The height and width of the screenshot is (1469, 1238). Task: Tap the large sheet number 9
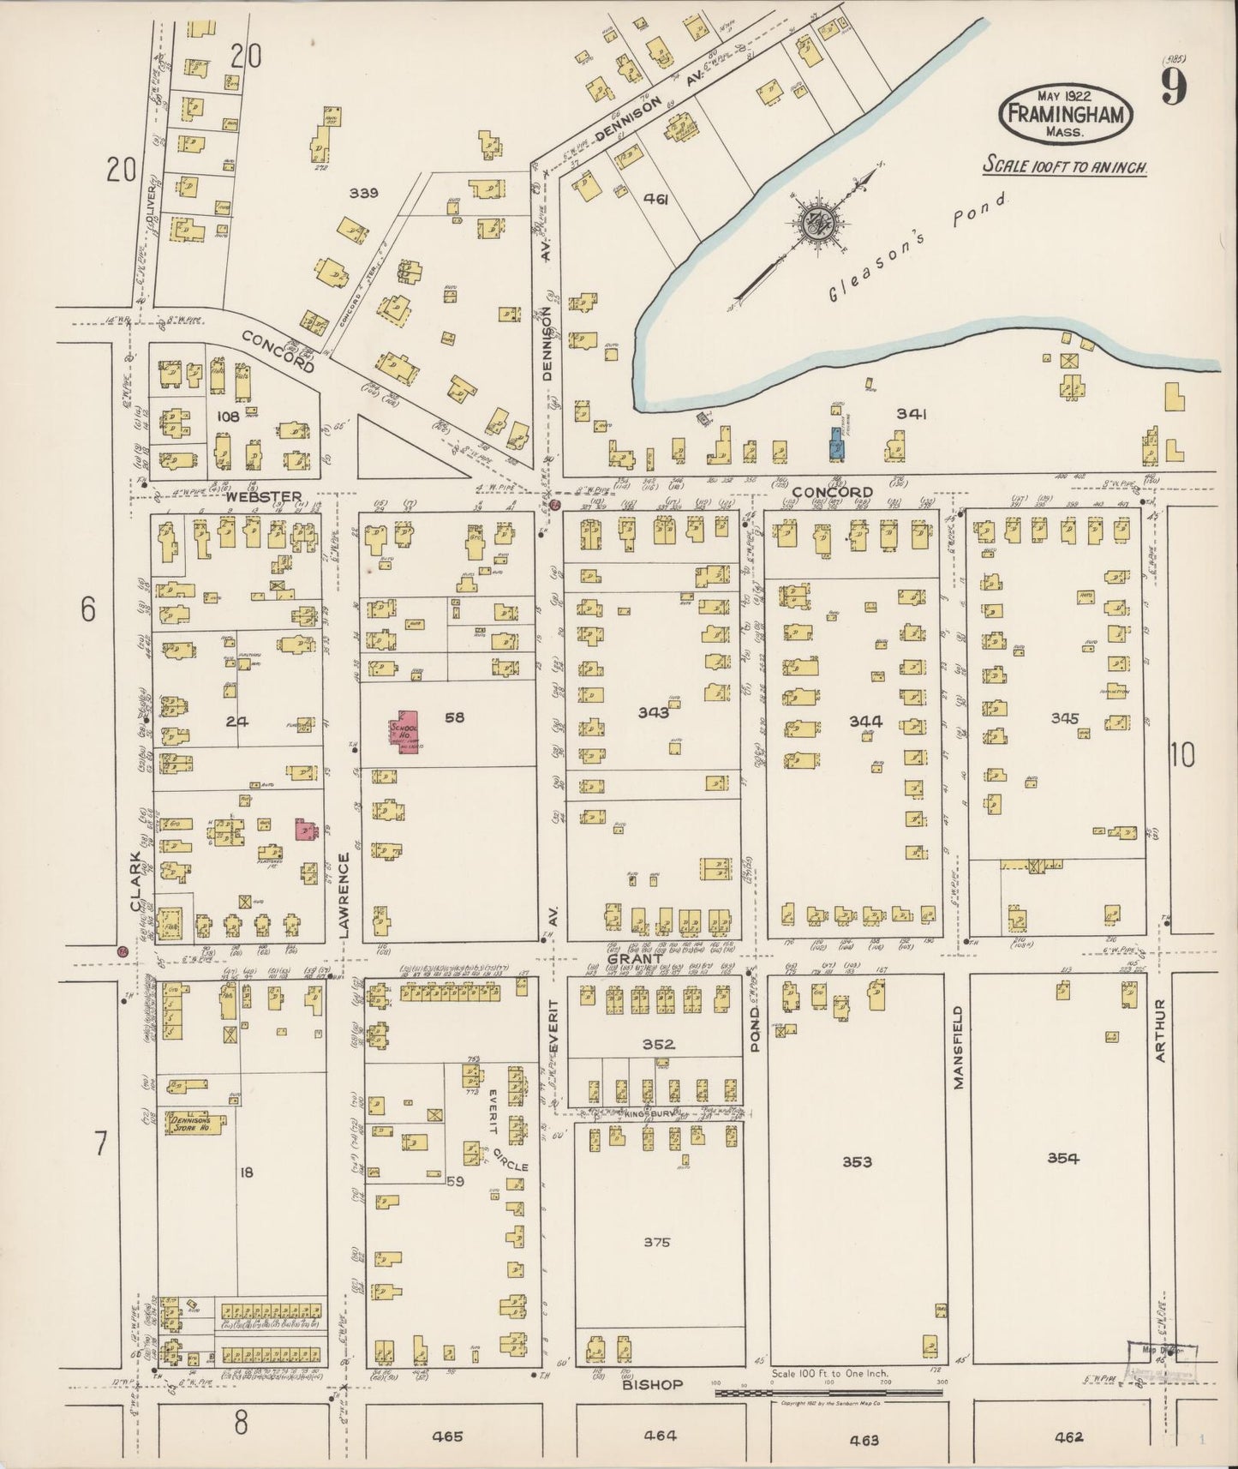tap(1173, 87)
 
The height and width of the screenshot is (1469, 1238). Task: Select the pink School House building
tap(404, 731)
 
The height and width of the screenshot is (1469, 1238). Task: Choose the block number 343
tap(653, 712)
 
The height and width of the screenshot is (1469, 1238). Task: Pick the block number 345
tap(1064, 718)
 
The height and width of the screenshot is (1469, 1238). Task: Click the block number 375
tap(656, 1242)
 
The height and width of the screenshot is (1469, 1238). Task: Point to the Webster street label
tap(264, 497)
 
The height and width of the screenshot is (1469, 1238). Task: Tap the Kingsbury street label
tap(644, 1114)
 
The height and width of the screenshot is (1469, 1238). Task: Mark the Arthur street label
tap(1160, 1031)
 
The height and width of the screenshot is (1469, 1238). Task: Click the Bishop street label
tap(652, 1385)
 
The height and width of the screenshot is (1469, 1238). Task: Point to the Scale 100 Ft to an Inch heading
tap(1064, 166)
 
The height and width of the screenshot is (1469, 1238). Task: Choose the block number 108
tap(227, 417)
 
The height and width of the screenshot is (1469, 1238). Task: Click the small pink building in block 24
tap(302, 828)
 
